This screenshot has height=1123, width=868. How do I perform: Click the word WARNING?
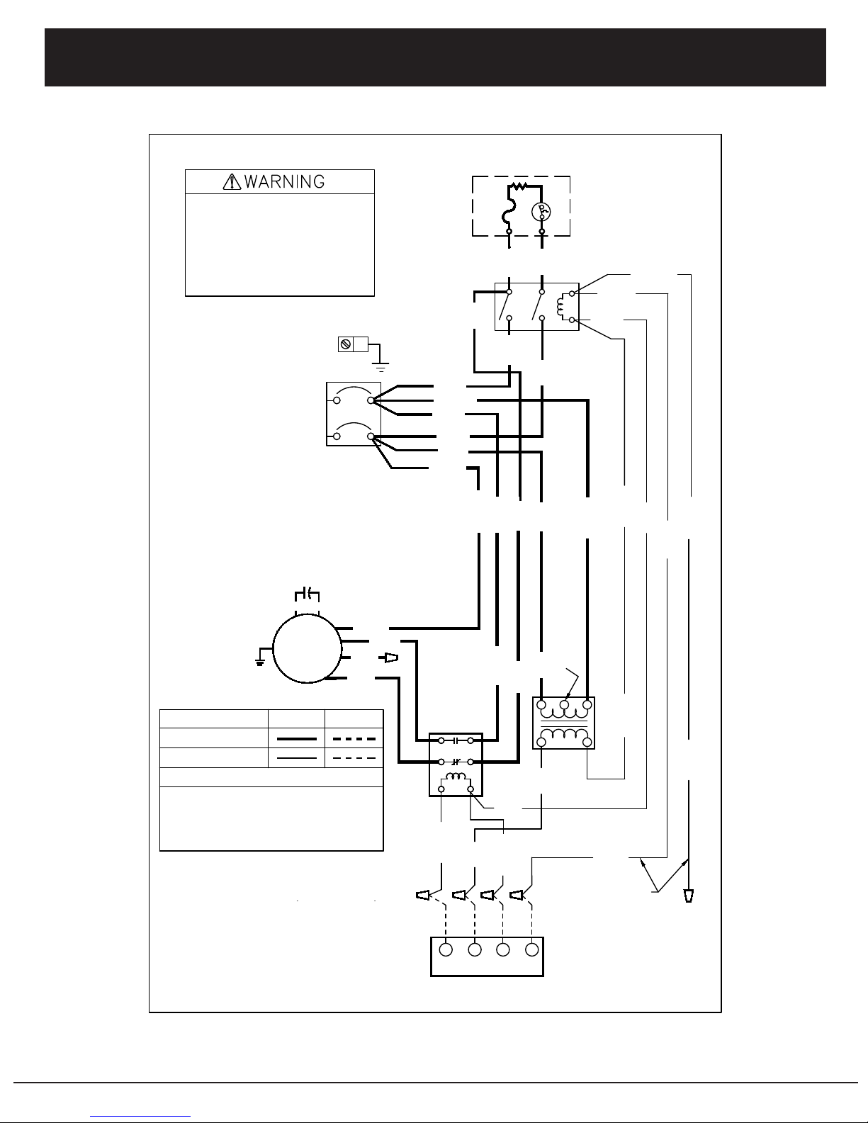pos(284,182)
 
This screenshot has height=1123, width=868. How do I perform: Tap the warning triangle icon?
pos(232,182)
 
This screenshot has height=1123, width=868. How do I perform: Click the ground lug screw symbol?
pos(346,344)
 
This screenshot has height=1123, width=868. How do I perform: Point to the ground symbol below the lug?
pos(381,368)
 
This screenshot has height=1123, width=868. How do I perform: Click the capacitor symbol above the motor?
pos(307,594)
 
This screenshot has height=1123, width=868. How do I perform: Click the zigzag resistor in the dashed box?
pos(518,186)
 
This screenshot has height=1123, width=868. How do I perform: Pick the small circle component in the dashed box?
pos(541,211)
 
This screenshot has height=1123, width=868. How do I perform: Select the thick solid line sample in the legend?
pos(297,739)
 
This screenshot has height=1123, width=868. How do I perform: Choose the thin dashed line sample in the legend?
pos(354,758)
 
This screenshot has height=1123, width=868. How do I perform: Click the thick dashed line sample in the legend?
pos(354,739)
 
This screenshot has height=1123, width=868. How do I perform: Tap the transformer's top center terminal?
pos(564,704)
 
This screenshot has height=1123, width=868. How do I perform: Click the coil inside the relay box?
pos(456,777)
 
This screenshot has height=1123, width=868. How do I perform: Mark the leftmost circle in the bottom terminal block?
pos(446,949)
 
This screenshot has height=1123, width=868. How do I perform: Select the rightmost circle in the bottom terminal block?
pos(531,949)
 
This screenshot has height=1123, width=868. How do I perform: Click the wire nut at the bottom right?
pos(688,896)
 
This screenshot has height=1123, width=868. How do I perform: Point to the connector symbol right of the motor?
pos(388,658)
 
